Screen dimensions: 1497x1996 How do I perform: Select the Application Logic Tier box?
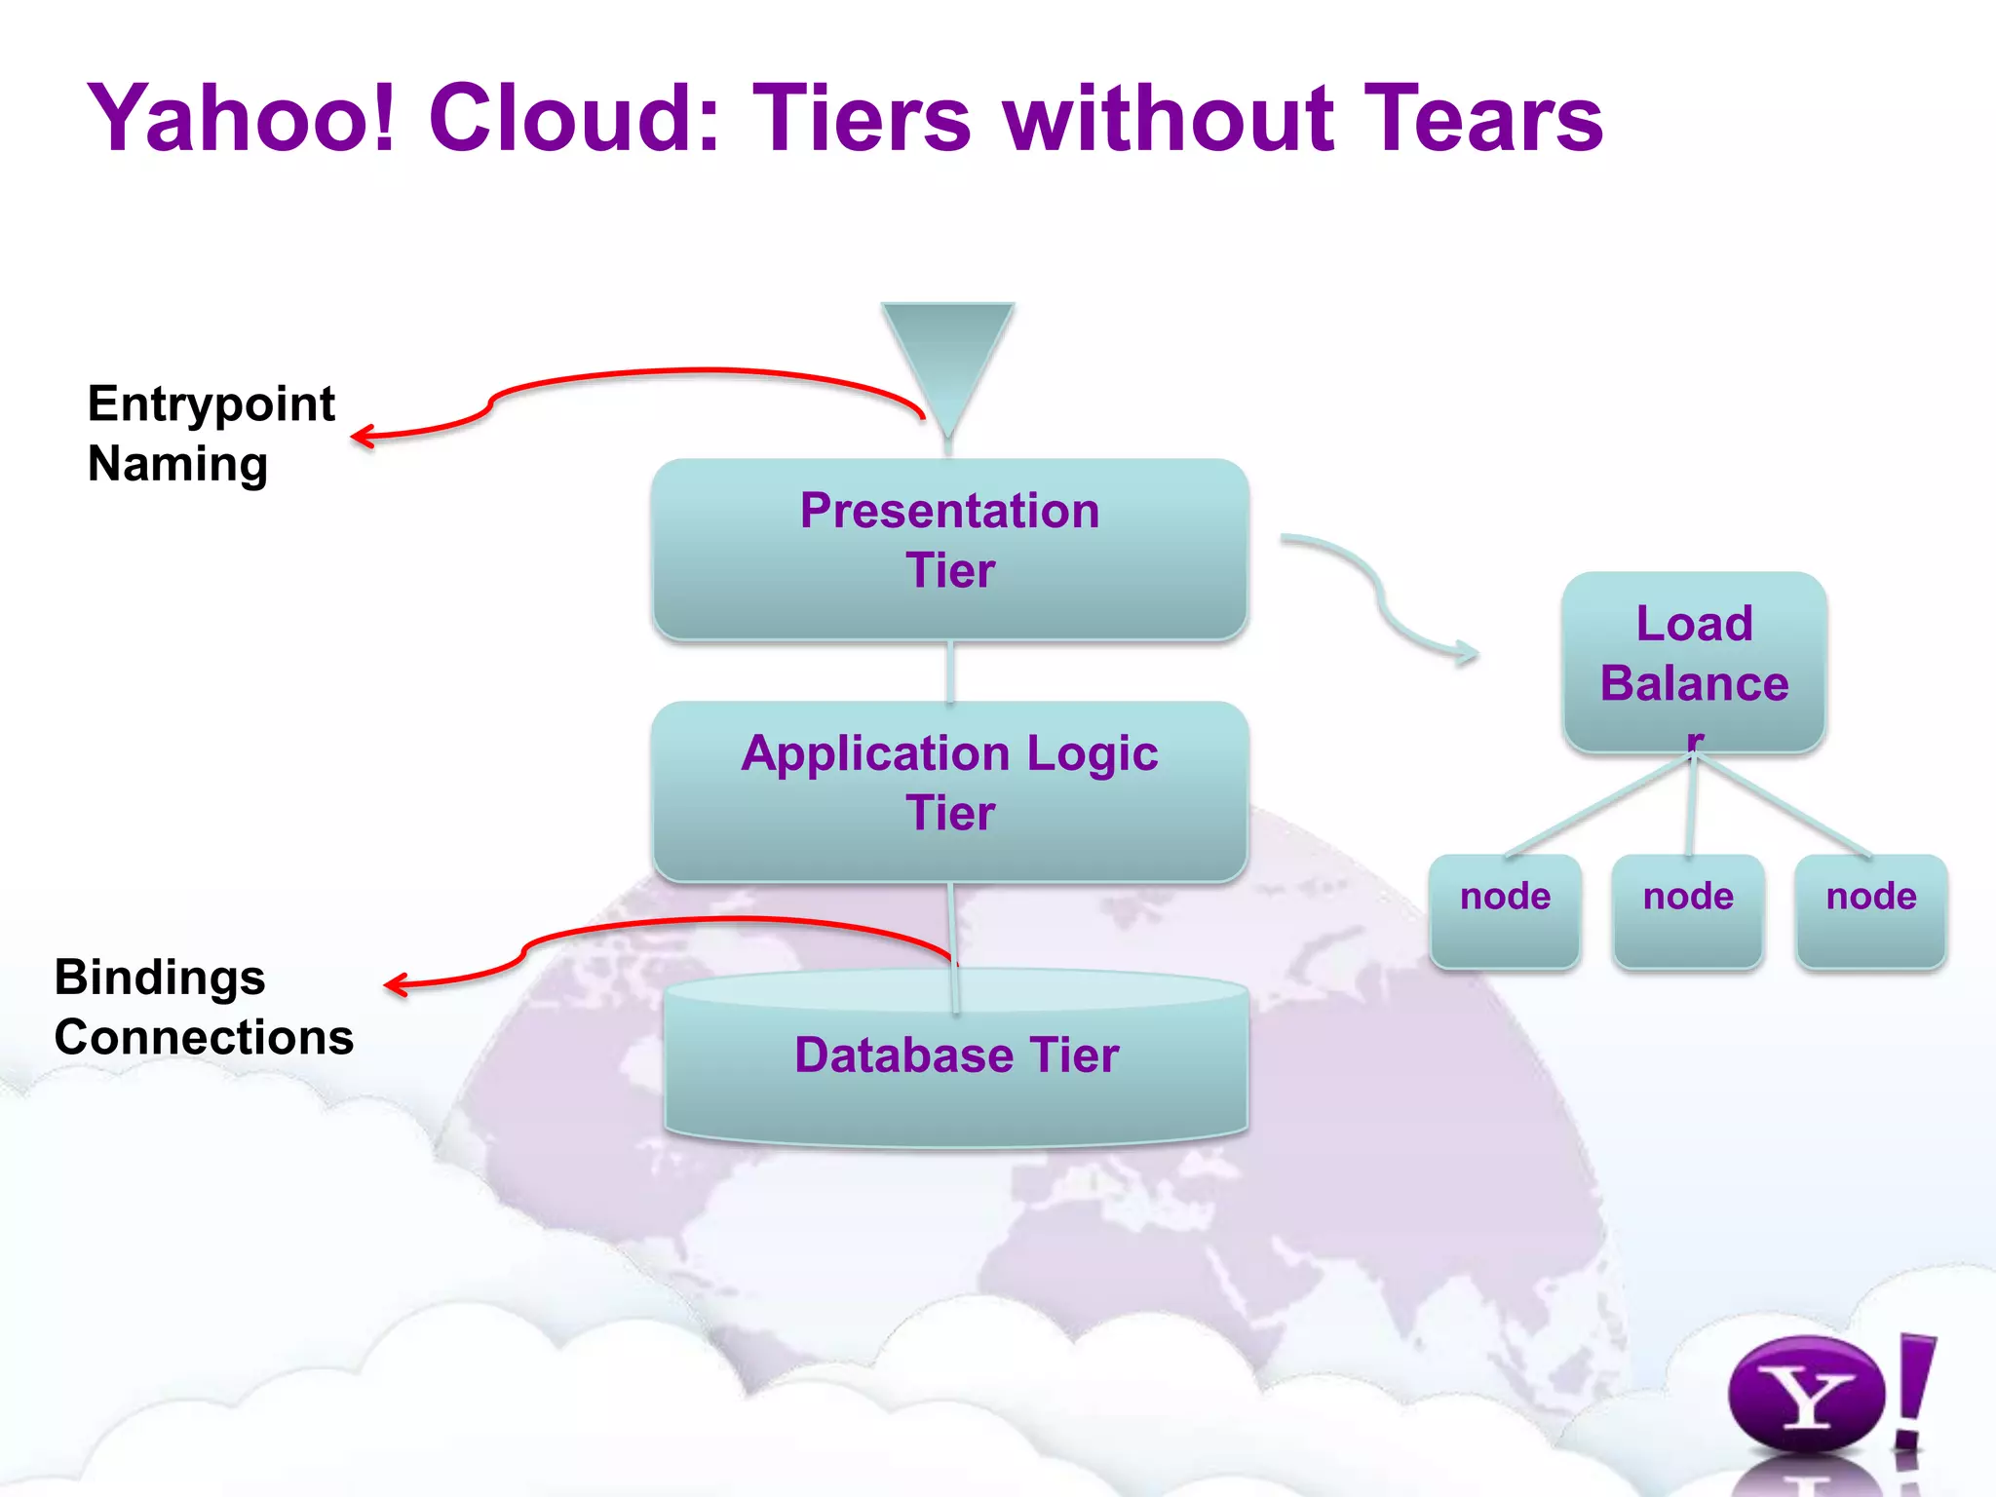tap(950, 791)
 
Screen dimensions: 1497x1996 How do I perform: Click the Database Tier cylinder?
tap(956, 1057)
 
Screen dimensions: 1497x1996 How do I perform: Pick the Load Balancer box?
tap(1694, 663)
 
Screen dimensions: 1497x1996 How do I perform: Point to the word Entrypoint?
tap(211, 404)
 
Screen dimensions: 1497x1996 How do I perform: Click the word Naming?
tap(177, 464)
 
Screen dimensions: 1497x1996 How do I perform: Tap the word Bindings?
tap(160, 978)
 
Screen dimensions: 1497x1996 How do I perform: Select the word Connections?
tap(204, 1037)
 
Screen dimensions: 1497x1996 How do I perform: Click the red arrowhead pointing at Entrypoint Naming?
tap(362, 437)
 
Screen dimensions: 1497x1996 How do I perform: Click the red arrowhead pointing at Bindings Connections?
tap(395, 985)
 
